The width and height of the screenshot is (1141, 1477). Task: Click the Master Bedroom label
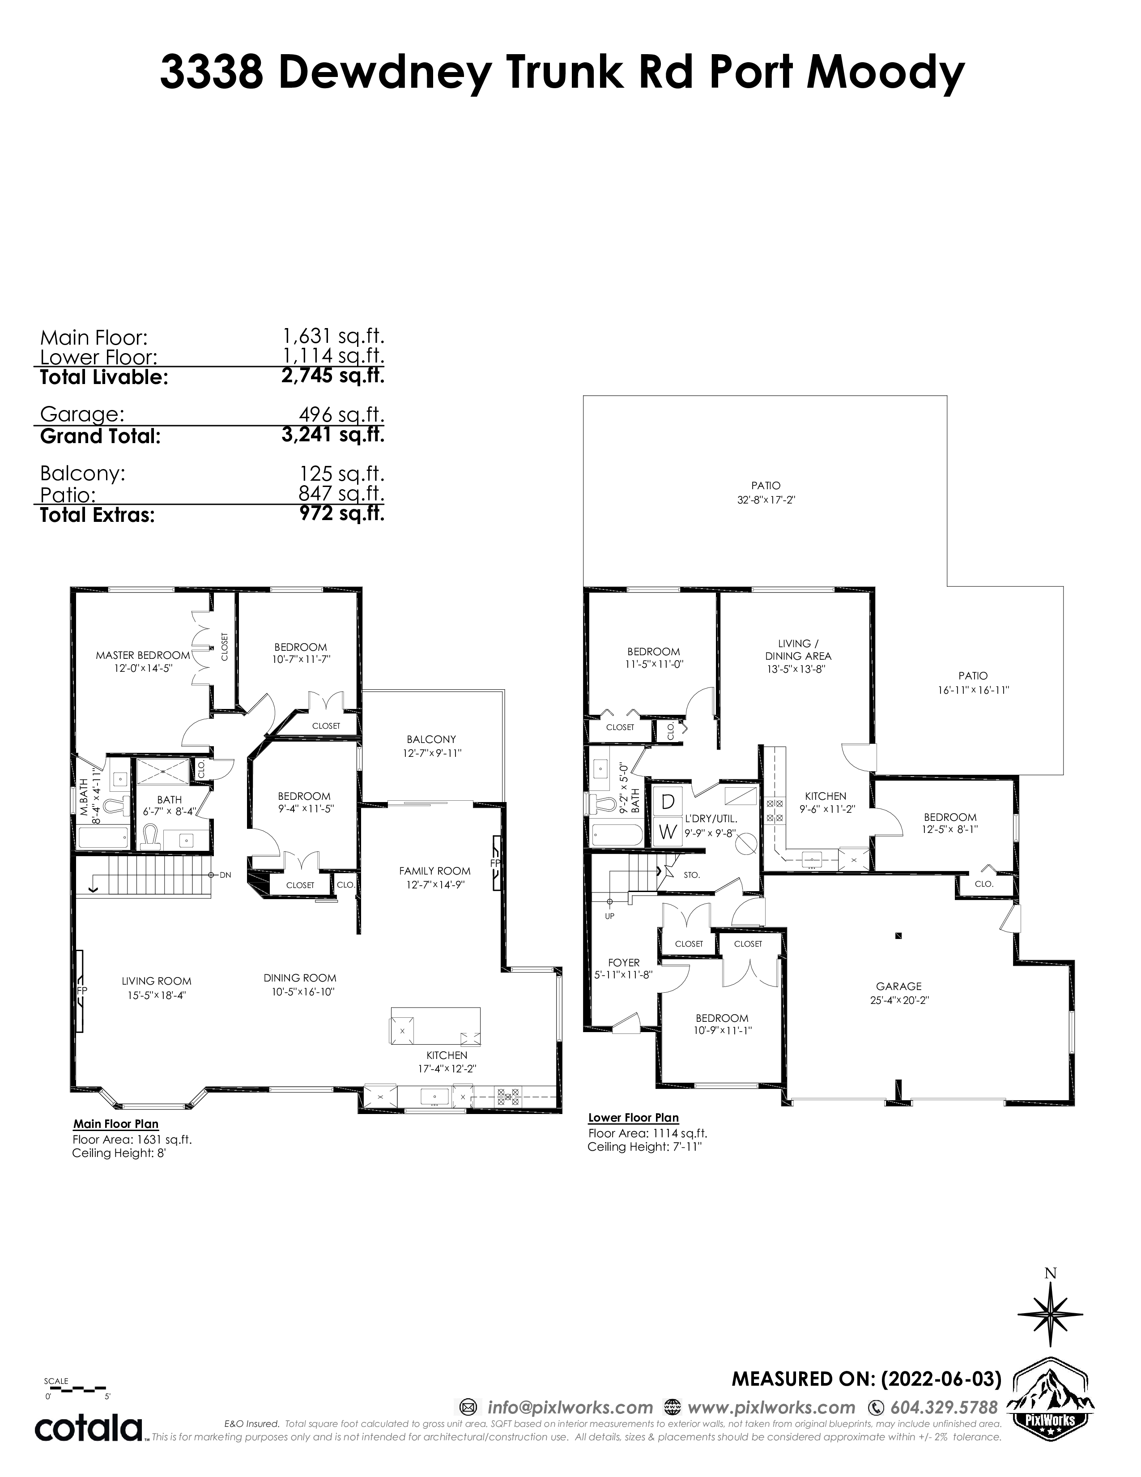click(143, 655)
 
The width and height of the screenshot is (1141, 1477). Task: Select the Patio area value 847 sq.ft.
click(341, 493)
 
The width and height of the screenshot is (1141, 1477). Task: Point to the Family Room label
click(434, 871)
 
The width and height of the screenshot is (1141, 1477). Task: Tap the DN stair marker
click(225, 875)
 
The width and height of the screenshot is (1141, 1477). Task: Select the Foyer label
click(623, 962)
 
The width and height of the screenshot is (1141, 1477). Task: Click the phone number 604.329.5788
click(944, 1407)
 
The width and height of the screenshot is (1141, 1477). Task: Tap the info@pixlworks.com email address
click(570, 1407)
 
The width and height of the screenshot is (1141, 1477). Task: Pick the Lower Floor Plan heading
click(633, 1118)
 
